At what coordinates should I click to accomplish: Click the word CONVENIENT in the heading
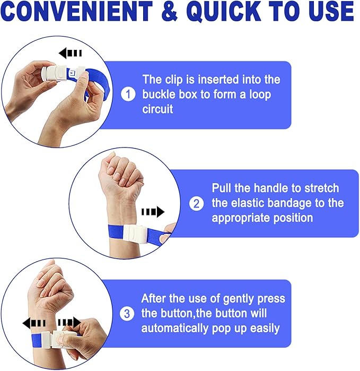pyautogui.click(x=77, y=11)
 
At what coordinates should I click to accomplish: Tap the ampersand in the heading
pyautogui.click(x=170, y=11)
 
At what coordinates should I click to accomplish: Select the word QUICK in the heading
pyautogui.click(x=224, y=12)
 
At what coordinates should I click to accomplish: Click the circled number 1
pyautogui.click(x=128, y=94)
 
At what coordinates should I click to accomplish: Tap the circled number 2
pyautogui.click(x=196, y=203)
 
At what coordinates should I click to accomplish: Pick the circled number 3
pyautogui.click(x=127, y=314)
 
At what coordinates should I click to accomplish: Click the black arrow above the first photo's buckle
pyautogui.click(x=70, y=53)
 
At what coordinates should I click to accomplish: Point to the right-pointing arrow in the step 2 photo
pyautogui.click(x=153, y=212)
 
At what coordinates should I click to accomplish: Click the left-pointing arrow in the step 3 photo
pyautogui.click(x=34, y=323)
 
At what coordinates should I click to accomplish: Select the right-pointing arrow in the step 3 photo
pyautogui.click(x=69, y=322)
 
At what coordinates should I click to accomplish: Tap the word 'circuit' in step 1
pyautogui.click(x=157, y=109)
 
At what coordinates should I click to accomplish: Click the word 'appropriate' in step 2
pyautogui.click(x=241, y=218)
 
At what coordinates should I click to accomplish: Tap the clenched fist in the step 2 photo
pyautogui.click(x=121, y=171)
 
